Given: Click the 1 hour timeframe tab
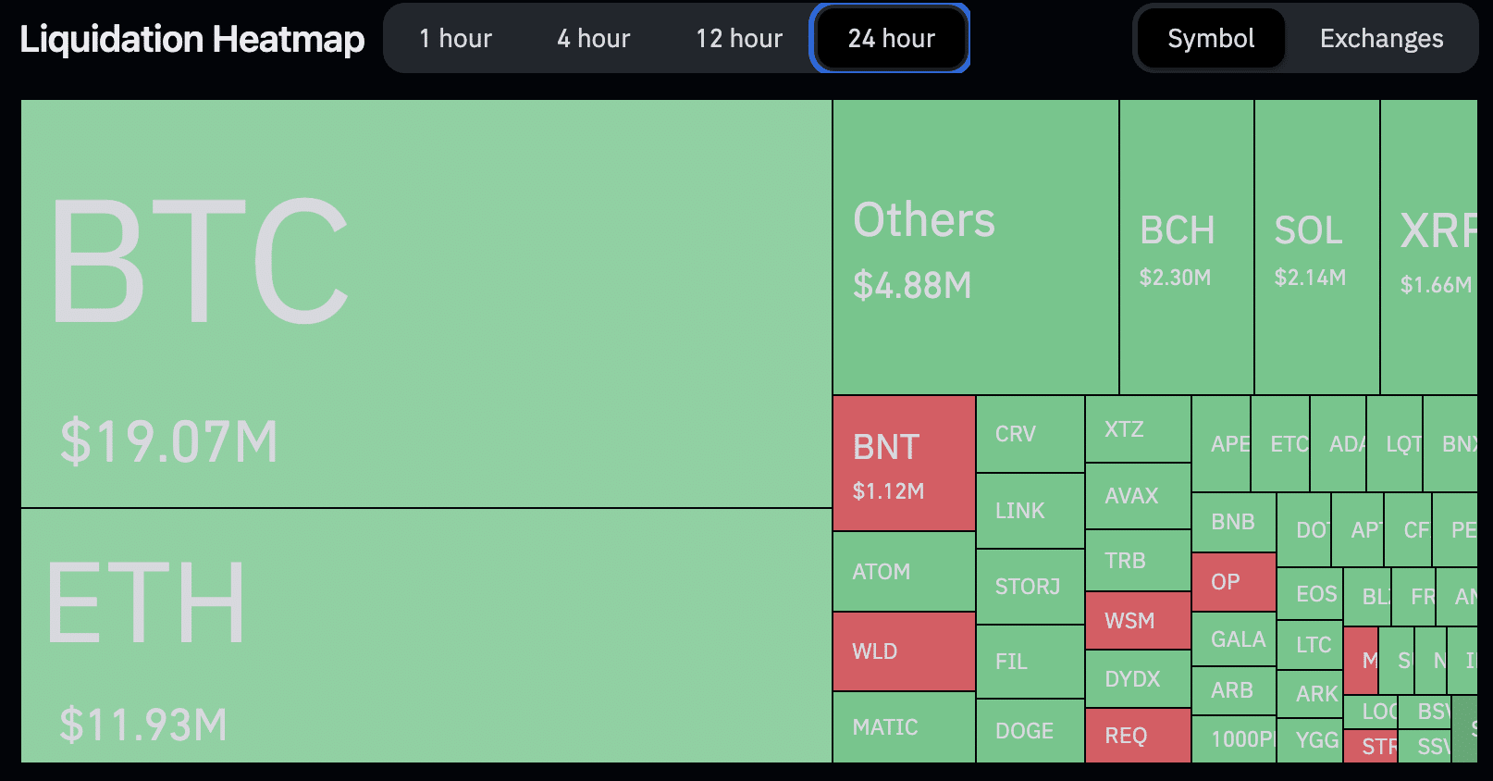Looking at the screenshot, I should (x=455, y=39).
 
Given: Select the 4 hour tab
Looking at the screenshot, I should (x=593, y=39).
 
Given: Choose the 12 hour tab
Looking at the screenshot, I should (x=739, y=39).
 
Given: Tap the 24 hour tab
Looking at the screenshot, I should (x=891, y=39).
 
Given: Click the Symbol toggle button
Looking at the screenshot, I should (x=1211, y=39).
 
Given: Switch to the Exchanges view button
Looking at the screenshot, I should (x=1381, y=39).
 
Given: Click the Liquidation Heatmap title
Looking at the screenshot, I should (x=192, y=39).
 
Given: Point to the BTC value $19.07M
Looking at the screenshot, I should (x=168, y=441).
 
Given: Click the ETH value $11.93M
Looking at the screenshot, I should (x=143, y=725).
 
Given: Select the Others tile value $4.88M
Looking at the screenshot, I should (x=912, y=285).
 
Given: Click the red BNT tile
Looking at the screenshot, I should (x=904, y=464).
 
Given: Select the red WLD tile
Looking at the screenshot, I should (x=904, y=651).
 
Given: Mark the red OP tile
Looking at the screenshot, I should (x=1234, y=582).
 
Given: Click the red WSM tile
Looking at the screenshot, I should (x=1137, y=620).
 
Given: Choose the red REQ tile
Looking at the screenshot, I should (x=1137, y=736).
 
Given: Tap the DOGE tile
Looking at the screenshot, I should (x=1030, y=731).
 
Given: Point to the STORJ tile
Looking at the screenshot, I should (x=1030, y=587).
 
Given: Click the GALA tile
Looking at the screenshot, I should (x=1234, y=639).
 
